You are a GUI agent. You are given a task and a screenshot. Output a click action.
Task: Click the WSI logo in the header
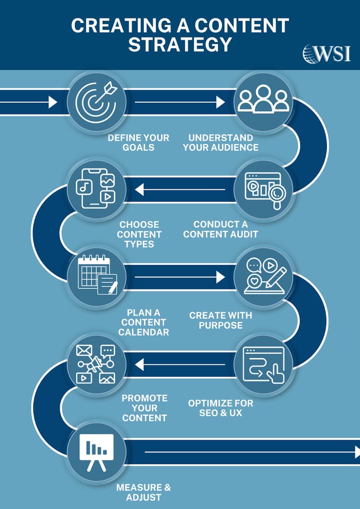[326, 53]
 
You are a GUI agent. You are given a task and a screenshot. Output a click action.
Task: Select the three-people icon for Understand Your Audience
[263, 101]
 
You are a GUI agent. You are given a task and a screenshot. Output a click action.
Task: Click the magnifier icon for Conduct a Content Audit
[263, 189]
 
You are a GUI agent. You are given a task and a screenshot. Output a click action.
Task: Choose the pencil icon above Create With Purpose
[263, 277]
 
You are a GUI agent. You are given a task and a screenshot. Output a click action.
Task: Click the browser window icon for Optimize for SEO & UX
[263, 364]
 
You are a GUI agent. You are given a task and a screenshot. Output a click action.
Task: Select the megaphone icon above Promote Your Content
[96, 364]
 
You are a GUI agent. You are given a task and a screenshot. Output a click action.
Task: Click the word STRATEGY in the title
[179, 44]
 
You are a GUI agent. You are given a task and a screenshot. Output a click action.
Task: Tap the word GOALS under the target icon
[139, 148]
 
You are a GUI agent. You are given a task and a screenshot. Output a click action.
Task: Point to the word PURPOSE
[220, 325]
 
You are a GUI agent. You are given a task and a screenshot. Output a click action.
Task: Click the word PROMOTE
[144, 398]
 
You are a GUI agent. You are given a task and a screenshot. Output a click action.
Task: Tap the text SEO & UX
[220, 413]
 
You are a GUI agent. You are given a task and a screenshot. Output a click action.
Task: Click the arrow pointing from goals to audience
[179, 102]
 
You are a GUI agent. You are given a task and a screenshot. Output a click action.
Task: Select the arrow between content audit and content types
[179, 190]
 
